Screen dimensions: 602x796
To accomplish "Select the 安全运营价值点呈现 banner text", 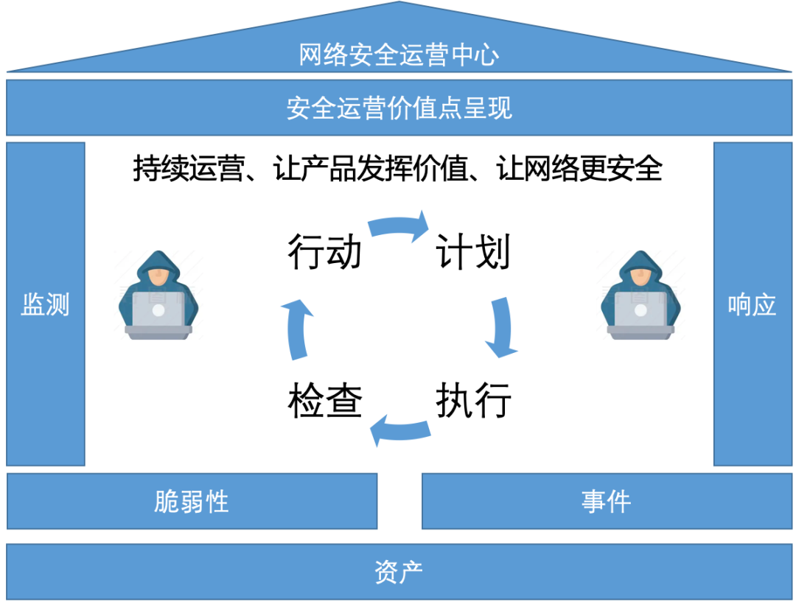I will point(399,108).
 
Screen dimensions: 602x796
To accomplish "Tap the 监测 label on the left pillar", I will point(45,304).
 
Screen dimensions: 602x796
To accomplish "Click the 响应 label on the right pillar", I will point(753,304).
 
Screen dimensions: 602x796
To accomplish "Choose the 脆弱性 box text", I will point(192,502).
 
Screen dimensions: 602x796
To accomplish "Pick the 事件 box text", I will point(606,502).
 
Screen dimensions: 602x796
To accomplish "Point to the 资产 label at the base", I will point(399,572).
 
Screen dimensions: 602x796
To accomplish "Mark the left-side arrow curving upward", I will point(296,328).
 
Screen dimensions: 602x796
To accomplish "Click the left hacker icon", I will point(158,295).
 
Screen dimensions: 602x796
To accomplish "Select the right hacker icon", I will point(640,295).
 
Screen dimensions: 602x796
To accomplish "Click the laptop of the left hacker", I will point(158,314).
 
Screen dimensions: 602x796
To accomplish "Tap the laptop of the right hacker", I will point(640,314).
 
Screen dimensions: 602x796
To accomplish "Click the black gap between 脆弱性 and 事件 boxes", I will point(399,502).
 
